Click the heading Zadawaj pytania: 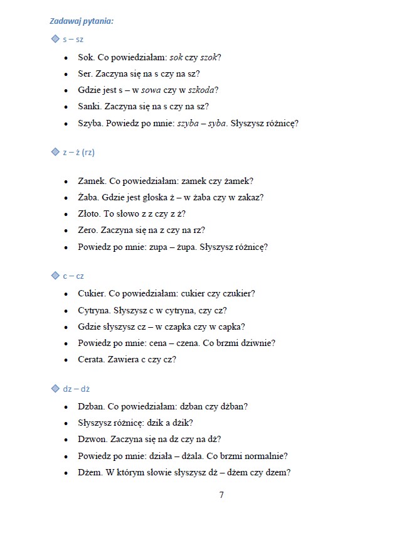click(82, 22)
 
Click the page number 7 click(221, 494)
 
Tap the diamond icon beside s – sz click(54, 40)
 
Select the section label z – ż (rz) click(78, 153)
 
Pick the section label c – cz click(73, 276)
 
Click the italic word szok click(208, 57)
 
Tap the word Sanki click(90, 107)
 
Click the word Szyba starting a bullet click(90, 123)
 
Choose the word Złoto click(90, 213)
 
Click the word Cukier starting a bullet click(92, 293)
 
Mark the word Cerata click(92, 360)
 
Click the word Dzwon click(92, 439)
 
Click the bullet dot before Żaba click(66, 198)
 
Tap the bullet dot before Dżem click(66, 473)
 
